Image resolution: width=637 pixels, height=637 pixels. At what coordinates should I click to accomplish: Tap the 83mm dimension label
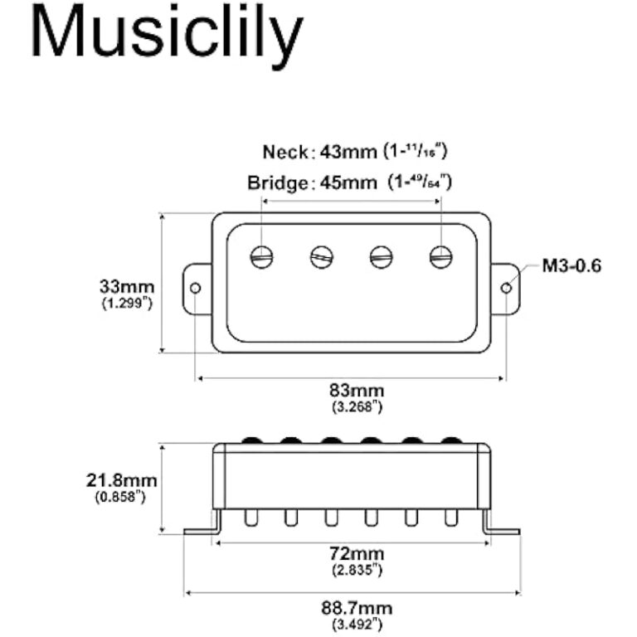click(x=352, y=390)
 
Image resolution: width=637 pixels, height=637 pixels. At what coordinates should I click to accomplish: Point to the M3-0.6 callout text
click(x=571, y=266)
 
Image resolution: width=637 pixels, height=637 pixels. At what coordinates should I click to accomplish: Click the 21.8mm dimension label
click(x=122, y=480)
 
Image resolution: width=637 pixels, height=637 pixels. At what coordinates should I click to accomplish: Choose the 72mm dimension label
click(x=352, y=553)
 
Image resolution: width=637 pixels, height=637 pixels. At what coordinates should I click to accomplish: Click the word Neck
click(x=284, y=153)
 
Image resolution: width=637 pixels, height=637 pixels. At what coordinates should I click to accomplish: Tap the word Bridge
click(x=277, y=182)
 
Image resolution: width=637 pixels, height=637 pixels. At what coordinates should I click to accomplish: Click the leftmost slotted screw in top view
click(x=262, y=256)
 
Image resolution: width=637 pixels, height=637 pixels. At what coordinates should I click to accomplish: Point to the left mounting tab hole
click(x=196, y=288)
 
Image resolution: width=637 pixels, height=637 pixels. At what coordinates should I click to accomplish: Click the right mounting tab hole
click(x=506, y=288)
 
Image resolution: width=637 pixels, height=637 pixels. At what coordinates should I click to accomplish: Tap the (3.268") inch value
click(x=352, y=406)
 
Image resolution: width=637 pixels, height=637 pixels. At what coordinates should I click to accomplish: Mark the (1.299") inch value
click(x=127, y=304)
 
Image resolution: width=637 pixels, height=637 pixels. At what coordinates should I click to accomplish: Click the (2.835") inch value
click(x=352, y=570)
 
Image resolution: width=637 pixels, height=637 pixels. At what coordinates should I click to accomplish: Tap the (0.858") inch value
click(x=122, y=496)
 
